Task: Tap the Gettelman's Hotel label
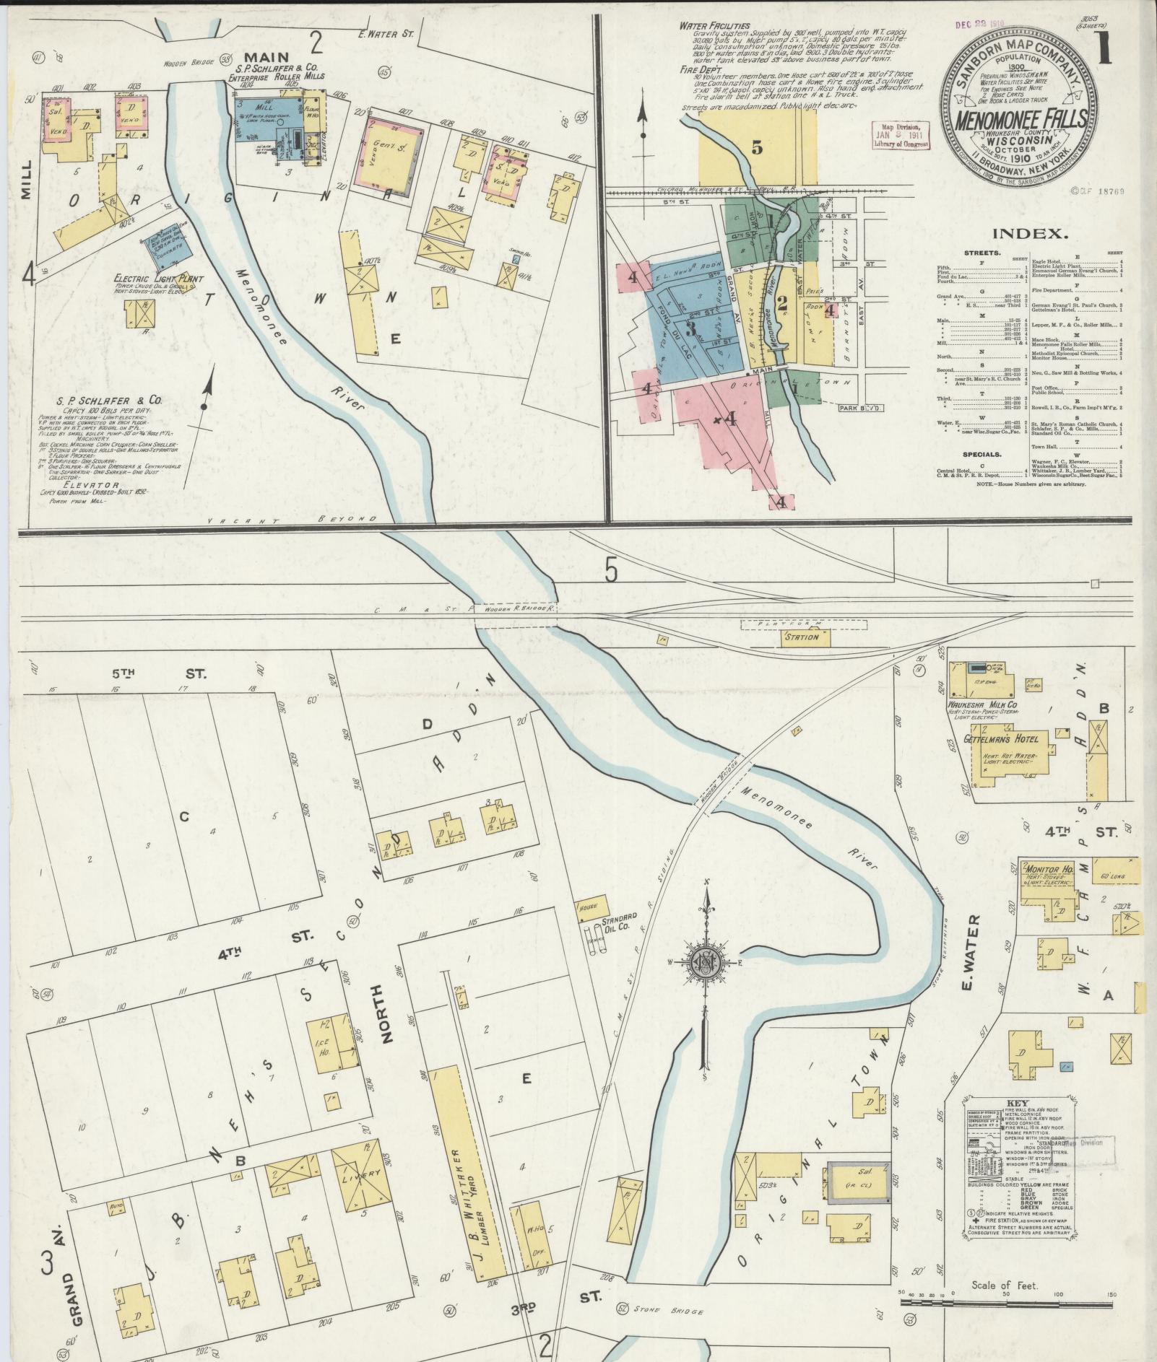coord(1002,740)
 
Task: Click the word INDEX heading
coord(1029,234)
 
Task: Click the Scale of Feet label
coord(1005,1286)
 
